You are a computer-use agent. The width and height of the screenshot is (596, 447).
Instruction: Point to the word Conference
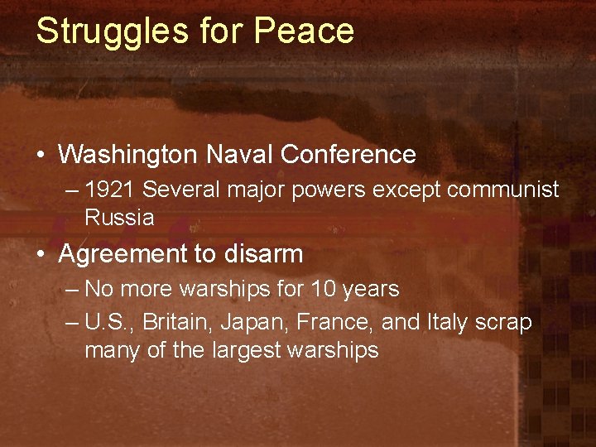tap(348, 154)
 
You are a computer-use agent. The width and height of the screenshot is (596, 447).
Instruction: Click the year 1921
tap(110, 190)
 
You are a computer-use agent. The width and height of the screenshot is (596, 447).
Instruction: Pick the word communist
tap(503, 190)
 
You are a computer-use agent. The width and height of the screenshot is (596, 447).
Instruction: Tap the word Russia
tap(119, 218)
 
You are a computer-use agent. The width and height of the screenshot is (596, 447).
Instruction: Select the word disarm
tap(262, 254)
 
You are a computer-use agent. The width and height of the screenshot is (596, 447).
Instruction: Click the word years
tap(371, 290)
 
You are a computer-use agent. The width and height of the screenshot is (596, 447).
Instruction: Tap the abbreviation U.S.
tap(108, 322)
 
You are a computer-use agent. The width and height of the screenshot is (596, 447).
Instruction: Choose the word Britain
tap(172, 322)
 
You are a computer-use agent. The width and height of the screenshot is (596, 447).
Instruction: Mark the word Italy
tap(446, 322)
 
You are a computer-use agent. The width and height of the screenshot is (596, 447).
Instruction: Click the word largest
tap(244, 350)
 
